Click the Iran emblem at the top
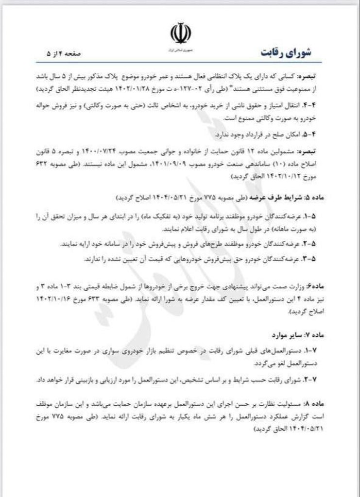[180, 33]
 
